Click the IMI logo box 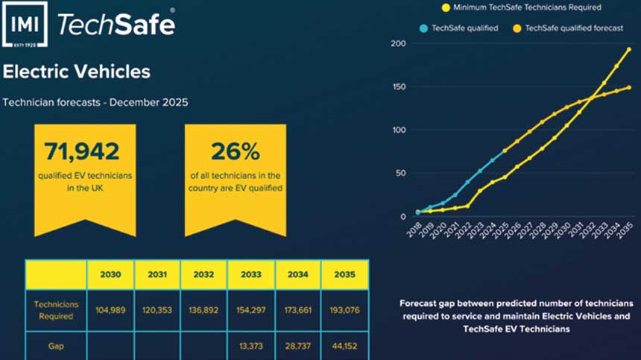pos(25,26)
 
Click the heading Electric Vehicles pos(76,72)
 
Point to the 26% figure pos(235,151)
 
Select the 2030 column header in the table pos(110,274)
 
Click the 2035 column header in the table pos(344,274)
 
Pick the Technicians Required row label pos(55,310)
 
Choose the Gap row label pos(55,347)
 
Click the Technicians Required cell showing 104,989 pos(110,310)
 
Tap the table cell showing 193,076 pos(344,310)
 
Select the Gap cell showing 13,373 pos(251,347)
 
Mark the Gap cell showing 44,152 pos(344,347)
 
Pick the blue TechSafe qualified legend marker pos(423,28)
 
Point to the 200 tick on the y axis pos(398,44)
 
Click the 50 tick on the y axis pos(400,174)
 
